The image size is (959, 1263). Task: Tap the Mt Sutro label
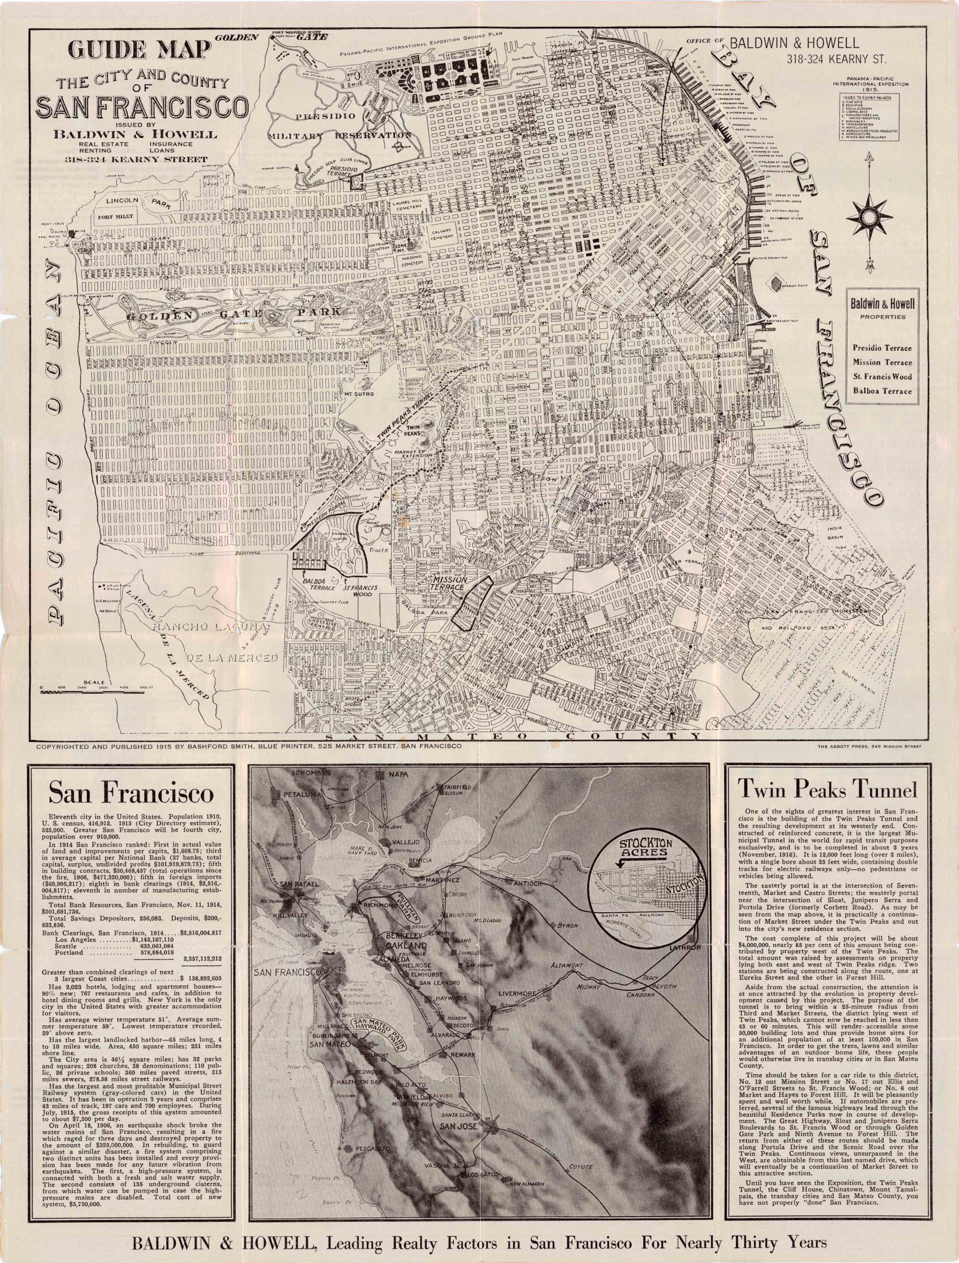pos(359,394)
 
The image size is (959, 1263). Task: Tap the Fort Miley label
pos(115,217)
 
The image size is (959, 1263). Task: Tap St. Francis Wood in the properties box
pos(882,377)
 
